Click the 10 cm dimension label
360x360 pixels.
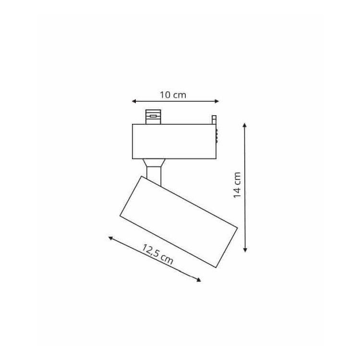click(173, 95)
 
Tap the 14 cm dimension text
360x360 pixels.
click(237, 186)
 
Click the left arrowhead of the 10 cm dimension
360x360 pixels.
click(134, 101)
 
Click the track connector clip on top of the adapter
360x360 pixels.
click(153, 117)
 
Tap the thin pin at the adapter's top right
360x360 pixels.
click(214, 120)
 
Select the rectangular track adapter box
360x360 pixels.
click(174, 141)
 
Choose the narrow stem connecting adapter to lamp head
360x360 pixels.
click(154, 175)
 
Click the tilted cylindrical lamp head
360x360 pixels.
click(178, 221)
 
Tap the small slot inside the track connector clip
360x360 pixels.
click(153, 116)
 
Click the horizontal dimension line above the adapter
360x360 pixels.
click(176, 101)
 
